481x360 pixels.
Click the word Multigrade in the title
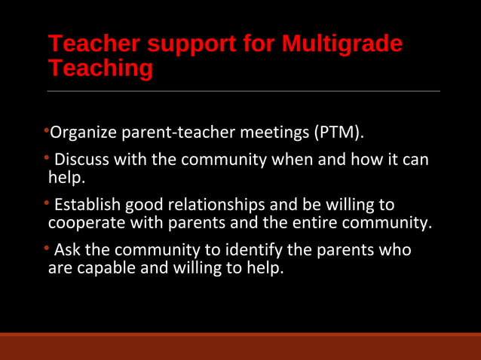click(342, 44)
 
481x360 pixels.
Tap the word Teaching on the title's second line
click(100, 69)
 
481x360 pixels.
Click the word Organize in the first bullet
click(81, 134)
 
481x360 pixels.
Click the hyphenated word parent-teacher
click(175, 134)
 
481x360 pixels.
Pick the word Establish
click(87, 205)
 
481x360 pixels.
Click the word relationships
click(219, 205)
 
